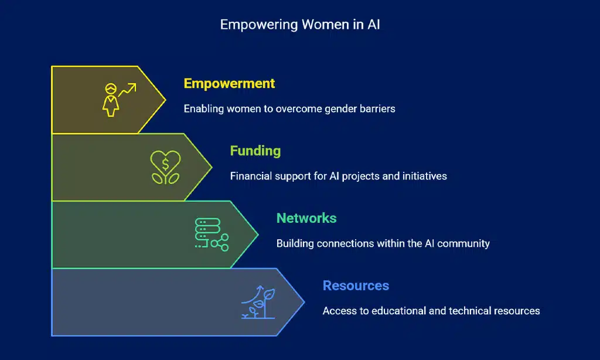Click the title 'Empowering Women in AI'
(x=299, y=25)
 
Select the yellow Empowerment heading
(x=229, y=83)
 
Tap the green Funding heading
(x=255, y=151)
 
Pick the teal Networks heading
(x=306, y=218)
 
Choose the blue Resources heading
(x=356, y=286)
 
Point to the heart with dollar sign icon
(x=165, y=167)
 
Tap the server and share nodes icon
(x=212, y=235)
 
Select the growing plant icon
(x=258, y=302)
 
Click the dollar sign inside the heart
(x=165, y=164)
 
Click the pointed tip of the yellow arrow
(x=165, y=100)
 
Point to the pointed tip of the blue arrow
(x=304, y=302)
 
